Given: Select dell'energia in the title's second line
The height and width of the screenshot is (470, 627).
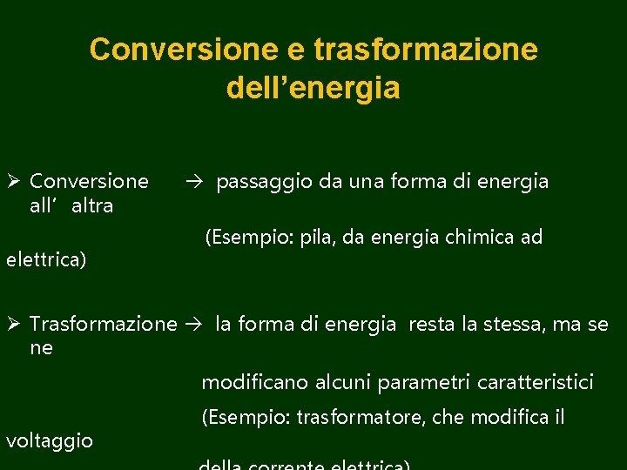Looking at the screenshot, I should tap(313, 88).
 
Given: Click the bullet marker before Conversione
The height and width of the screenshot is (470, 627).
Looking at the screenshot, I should tap(13, 181).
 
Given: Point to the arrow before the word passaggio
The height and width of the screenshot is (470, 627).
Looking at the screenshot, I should tap(194, 181).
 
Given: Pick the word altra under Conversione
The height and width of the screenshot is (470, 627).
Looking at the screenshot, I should tap(92, 205).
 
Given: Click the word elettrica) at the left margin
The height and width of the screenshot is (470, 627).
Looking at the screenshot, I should tap(46, 259).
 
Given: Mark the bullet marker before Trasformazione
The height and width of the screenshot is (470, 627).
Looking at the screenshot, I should tap(13, 325).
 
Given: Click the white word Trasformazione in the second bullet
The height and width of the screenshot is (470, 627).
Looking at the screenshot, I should tap(103, 325).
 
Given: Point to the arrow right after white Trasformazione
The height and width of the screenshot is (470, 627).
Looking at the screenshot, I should tap(195, 325).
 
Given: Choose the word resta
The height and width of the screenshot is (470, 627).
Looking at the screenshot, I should tap(431, 325).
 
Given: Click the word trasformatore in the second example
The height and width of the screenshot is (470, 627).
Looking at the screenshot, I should tap(360, 418).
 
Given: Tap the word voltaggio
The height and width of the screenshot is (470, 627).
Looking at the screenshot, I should tap(50, 440).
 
